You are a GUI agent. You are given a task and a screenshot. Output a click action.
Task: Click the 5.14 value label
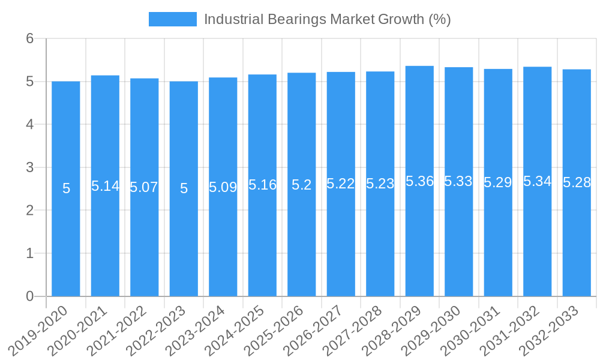(x=105, y=186)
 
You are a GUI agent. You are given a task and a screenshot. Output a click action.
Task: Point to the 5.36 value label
(x=419, y=181)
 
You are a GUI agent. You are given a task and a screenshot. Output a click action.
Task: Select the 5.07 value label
(x=144, y=187)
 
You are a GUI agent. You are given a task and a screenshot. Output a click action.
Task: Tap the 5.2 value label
(x=301, y=185)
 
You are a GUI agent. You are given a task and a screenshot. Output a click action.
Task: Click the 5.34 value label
(x=537, y=181)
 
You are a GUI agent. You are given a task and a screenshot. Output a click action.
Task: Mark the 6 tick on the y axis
(x=29, y=38)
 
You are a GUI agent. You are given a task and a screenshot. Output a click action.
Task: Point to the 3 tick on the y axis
(x=29, y=167)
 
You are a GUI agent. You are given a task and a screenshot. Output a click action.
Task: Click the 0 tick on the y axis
(x=29, y=296)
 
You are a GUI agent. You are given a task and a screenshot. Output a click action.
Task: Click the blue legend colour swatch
(x=172, y=19)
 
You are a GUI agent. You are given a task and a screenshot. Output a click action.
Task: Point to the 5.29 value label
(x=498, y=182)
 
